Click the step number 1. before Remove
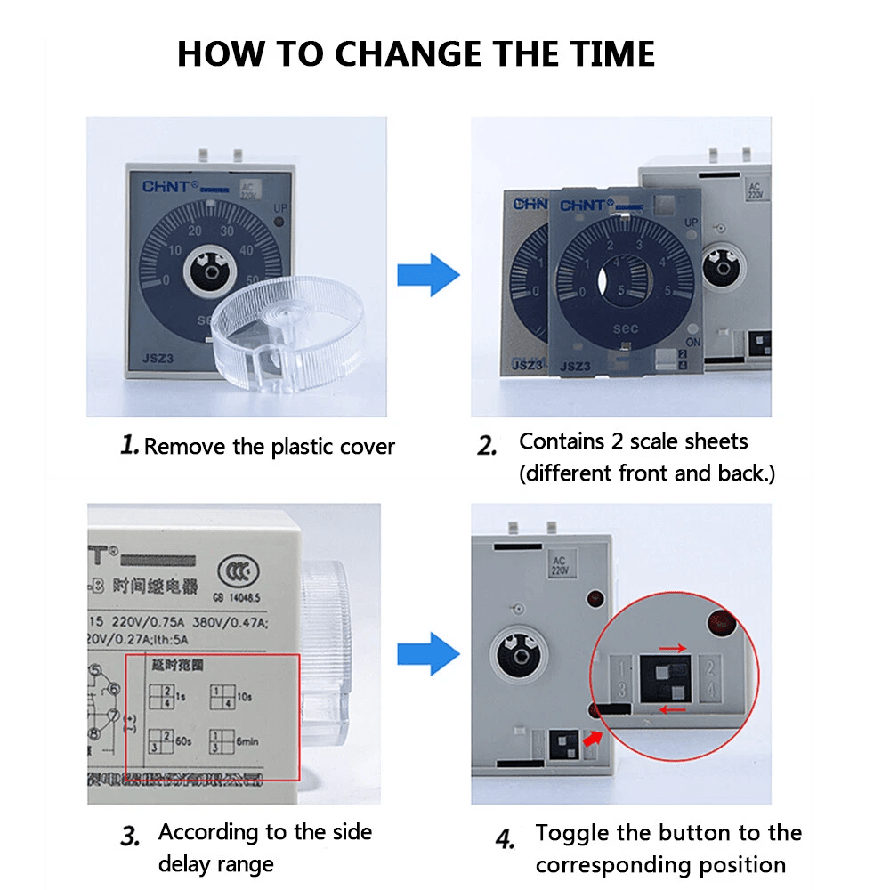pyautogui.click(x=130, y=445)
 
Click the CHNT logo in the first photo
pyautogui.click(x=166, y=186)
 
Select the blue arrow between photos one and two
pyautogui.click(x=428, y=274)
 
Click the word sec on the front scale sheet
pyautogui.click(x=625, y=328)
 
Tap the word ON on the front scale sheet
pyautogui.click(x=692, y=342)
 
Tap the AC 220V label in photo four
pyautogui.click(x=559, y=563)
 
